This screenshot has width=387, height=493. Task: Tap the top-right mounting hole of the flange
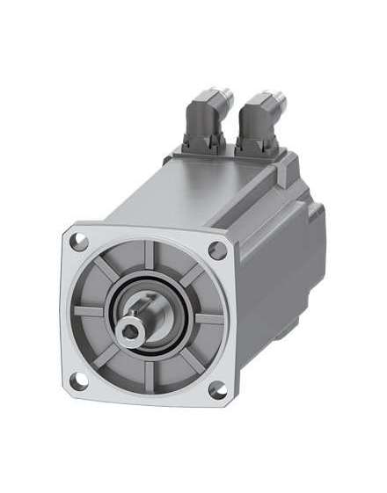point(219,249)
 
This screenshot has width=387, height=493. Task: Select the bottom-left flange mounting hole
point(80,379)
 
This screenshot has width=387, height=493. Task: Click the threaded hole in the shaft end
point(130,328)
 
